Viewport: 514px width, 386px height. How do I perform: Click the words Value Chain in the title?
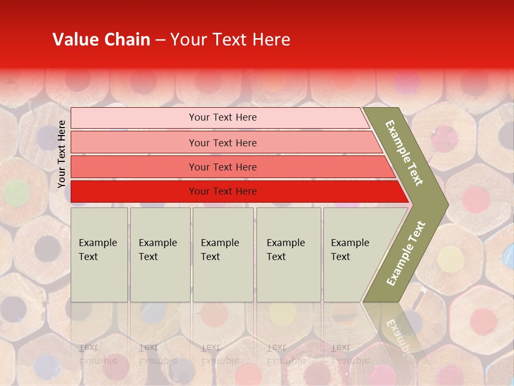pos(101,40)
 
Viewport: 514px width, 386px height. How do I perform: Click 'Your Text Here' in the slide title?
pos(230,40)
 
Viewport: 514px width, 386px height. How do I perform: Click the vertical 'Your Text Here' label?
pos(62,154)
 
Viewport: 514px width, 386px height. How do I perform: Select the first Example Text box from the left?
pos(99,254)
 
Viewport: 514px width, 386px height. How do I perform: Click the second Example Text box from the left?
pos(160,254)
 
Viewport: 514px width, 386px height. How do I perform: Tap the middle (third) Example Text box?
pos(223,254)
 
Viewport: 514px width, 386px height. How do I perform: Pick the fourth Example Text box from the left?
pos(288,254)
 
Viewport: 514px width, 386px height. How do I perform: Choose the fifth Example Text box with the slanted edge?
pos(353,254)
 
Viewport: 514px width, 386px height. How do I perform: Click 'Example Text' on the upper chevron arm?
pos(404,152)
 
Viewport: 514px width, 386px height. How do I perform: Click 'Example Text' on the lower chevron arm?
pos(406,253)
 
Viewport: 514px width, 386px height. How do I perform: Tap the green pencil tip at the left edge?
pos(16,191)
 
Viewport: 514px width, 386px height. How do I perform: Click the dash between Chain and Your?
pos(160,40)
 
